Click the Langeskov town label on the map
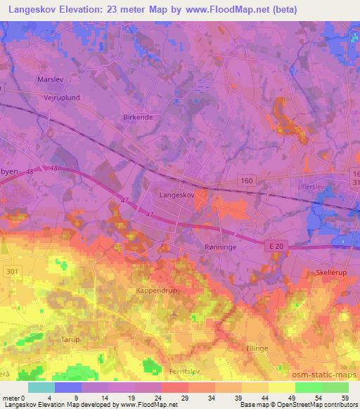tap(175, 195)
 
